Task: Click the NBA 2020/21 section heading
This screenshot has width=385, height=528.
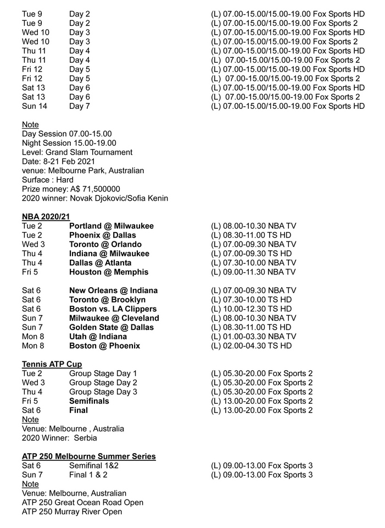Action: coord(46,217)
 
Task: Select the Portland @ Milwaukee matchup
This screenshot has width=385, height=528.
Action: coord(111,226)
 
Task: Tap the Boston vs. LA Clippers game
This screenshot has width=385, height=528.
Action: coord(113,309)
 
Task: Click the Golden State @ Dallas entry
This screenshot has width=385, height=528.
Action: coord(111,327)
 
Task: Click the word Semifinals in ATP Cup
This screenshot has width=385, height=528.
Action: coord(89,401)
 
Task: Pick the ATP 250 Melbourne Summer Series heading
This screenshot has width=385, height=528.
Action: coord(88,457)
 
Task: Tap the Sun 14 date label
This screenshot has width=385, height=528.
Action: coord(35,106)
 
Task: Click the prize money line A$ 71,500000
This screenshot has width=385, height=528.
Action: coord(71,189)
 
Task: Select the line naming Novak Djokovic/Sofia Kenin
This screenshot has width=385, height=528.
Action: coord(95,198)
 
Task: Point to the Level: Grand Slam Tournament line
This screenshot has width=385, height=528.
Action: coord(77,152)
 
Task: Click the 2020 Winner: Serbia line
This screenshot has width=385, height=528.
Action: coord(59,438)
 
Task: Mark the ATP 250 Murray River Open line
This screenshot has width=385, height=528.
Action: coord(72,512)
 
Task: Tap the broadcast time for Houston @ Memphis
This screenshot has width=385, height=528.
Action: coord(253,272)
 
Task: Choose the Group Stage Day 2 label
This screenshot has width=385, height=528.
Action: coord(103,383)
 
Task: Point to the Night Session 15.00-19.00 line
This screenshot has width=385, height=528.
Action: coord(69,143)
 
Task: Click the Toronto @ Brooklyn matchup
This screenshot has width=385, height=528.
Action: coord(107,300)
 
